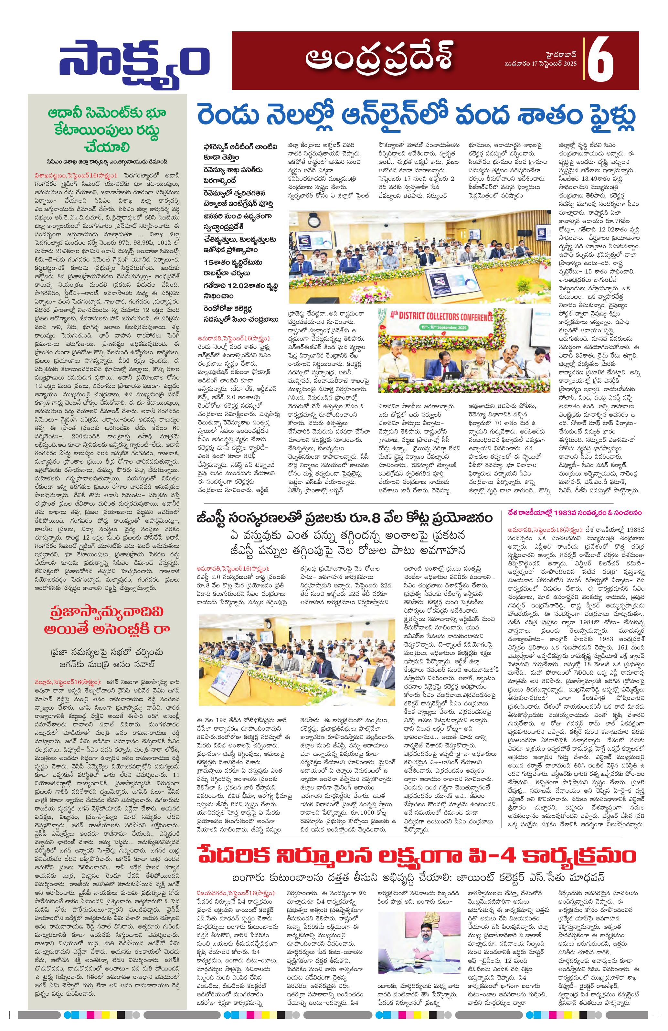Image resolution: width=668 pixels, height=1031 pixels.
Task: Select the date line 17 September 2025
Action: coord(541,64)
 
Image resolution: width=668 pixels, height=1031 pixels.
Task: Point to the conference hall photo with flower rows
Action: coord(419,256)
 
